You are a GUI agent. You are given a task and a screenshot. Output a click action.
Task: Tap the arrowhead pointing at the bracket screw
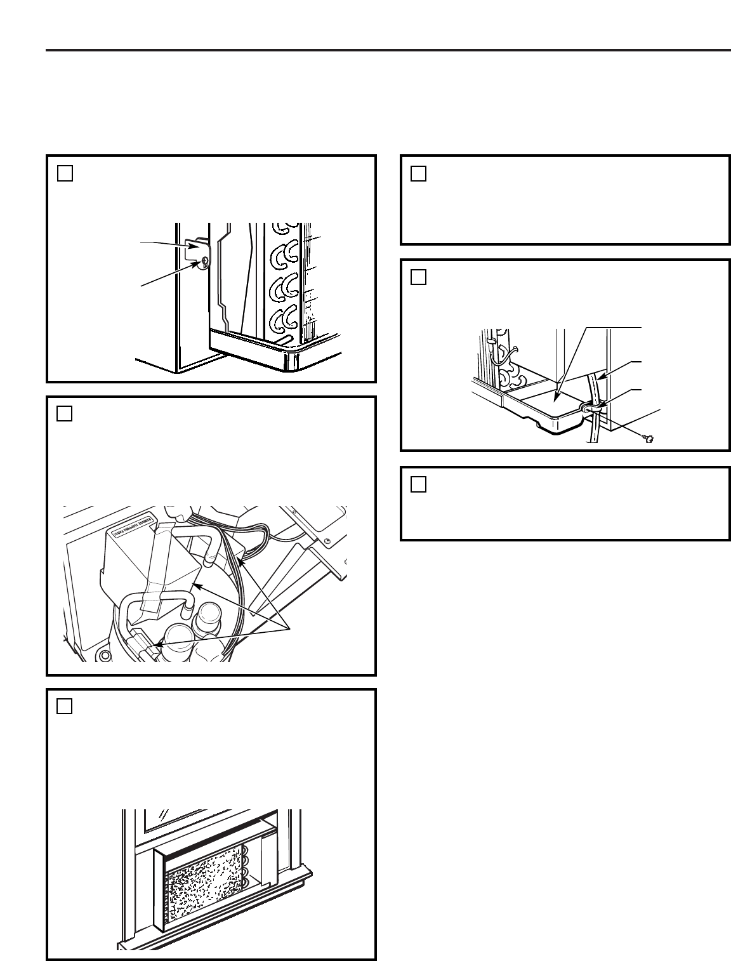(198, 263)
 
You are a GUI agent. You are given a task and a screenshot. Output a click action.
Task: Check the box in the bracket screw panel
(65, 173)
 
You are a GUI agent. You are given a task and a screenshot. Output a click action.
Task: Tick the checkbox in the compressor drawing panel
(65, 413)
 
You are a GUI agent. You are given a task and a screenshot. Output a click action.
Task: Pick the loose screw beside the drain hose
(649, 439)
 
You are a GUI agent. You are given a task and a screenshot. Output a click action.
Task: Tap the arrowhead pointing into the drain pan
(556, 399)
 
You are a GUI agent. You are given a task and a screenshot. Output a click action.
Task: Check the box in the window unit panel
(65, 706)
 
